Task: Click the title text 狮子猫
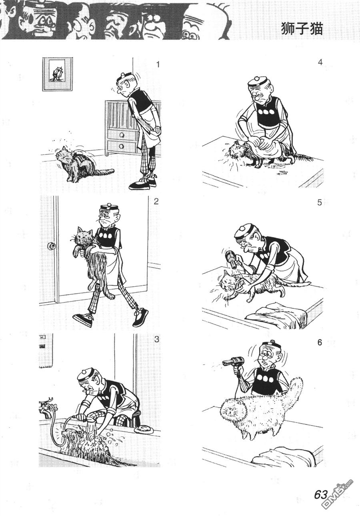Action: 302,29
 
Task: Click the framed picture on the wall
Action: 58,74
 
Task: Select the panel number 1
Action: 158,65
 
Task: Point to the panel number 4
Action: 320,63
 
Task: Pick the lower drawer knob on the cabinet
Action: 121,146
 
